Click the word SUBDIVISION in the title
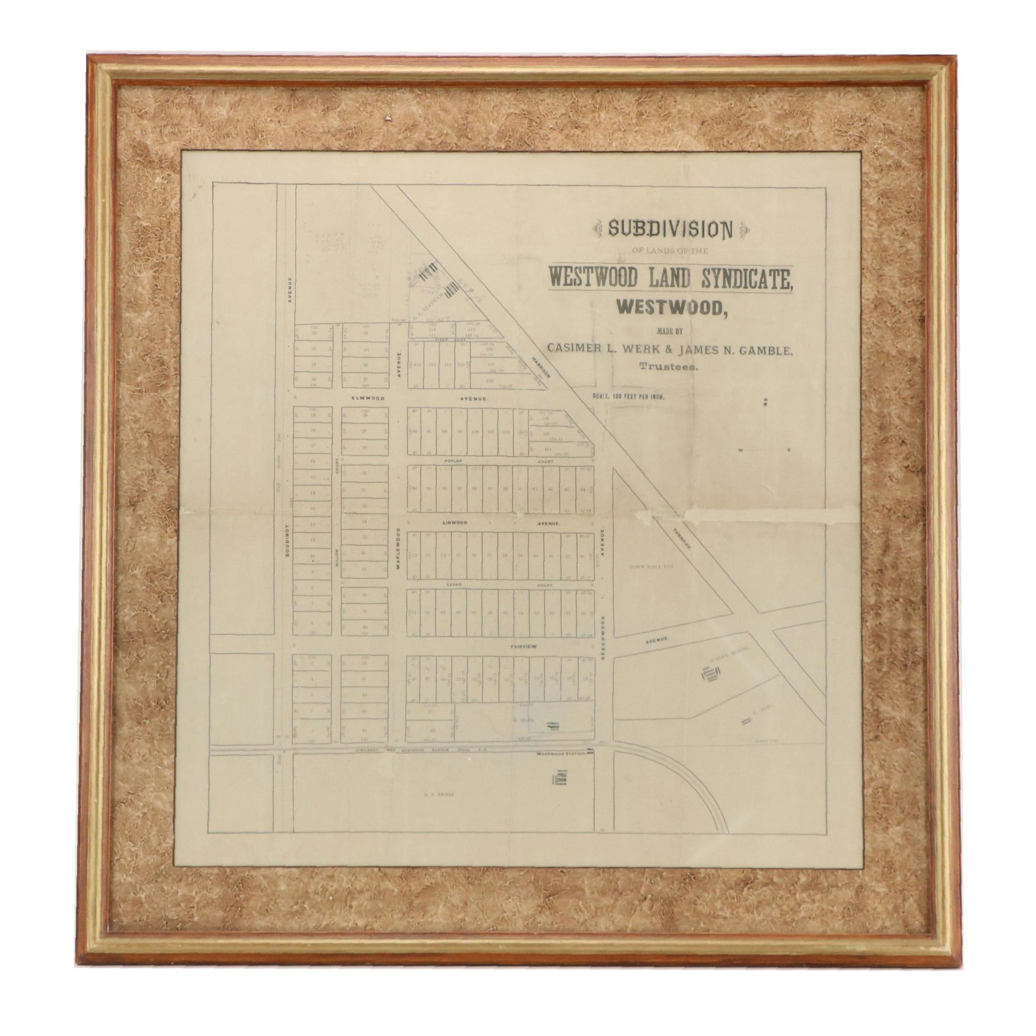(x=670, y=230)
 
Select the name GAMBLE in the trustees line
(x=764, y=350)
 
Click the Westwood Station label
(x=559, y=753)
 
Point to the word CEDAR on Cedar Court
(x=453, y=585)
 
